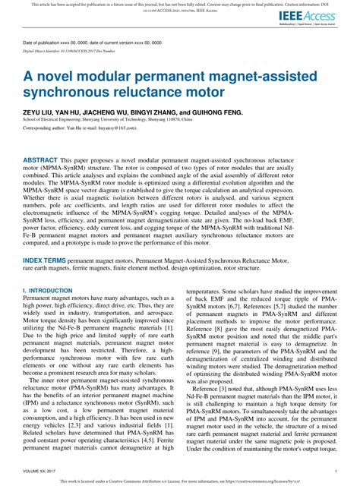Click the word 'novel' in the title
click(58, 77)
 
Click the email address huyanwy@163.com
click(111, 129)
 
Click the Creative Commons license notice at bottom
click(180, 481)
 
